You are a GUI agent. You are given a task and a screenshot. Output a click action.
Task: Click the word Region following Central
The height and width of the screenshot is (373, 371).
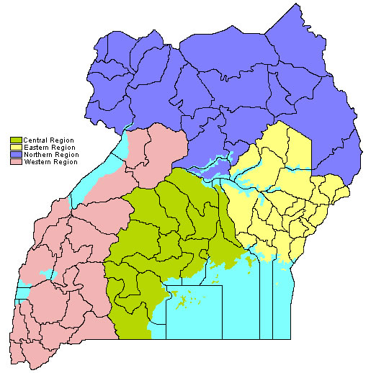(62, 140)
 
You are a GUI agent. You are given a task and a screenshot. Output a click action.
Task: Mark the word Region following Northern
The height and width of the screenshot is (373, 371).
(66, 154)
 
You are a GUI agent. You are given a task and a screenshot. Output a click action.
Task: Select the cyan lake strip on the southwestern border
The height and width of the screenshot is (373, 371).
(22, 292)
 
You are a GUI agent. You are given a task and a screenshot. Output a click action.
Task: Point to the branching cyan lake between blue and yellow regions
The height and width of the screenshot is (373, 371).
(216, 170)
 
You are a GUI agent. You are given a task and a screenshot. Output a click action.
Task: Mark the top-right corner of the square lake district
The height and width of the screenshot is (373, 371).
(222, 286)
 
